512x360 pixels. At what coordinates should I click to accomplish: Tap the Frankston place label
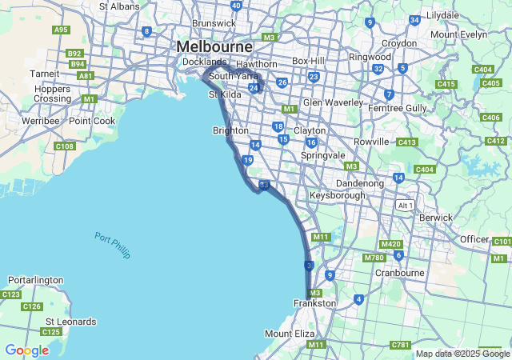tap(315, 303)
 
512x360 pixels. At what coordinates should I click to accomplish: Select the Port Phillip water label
tap(112, 244)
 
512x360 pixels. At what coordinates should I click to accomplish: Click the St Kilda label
tap(224, 94)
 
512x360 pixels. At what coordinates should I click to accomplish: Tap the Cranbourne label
tap(400, 272)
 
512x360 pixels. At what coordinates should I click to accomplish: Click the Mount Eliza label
tap(290, 333)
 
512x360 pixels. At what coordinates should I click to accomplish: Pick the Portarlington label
tap(35, 280)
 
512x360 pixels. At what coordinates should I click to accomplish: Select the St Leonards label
tap(70, 322)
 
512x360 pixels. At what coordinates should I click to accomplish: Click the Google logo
tap(26, 350)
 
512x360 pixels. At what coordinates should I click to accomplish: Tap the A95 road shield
tap(61, 30)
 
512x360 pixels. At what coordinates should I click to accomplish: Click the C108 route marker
tap(65, 146)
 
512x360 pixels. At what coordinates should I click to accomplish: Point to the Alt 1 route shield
tap(406, 206)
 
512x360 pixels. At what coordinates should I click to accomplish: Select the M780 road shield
tap(374, 258)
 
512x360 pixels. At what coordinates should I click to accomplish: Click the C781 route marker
tap(401, 345)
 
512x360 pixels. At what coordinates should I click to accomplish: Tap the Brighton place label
tap(230, 130)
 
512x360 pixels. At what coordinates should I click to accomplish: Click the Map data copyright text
tap(462, 354)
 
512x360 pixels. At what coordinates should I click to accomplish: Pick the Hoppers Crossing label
tap(53, 93)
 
